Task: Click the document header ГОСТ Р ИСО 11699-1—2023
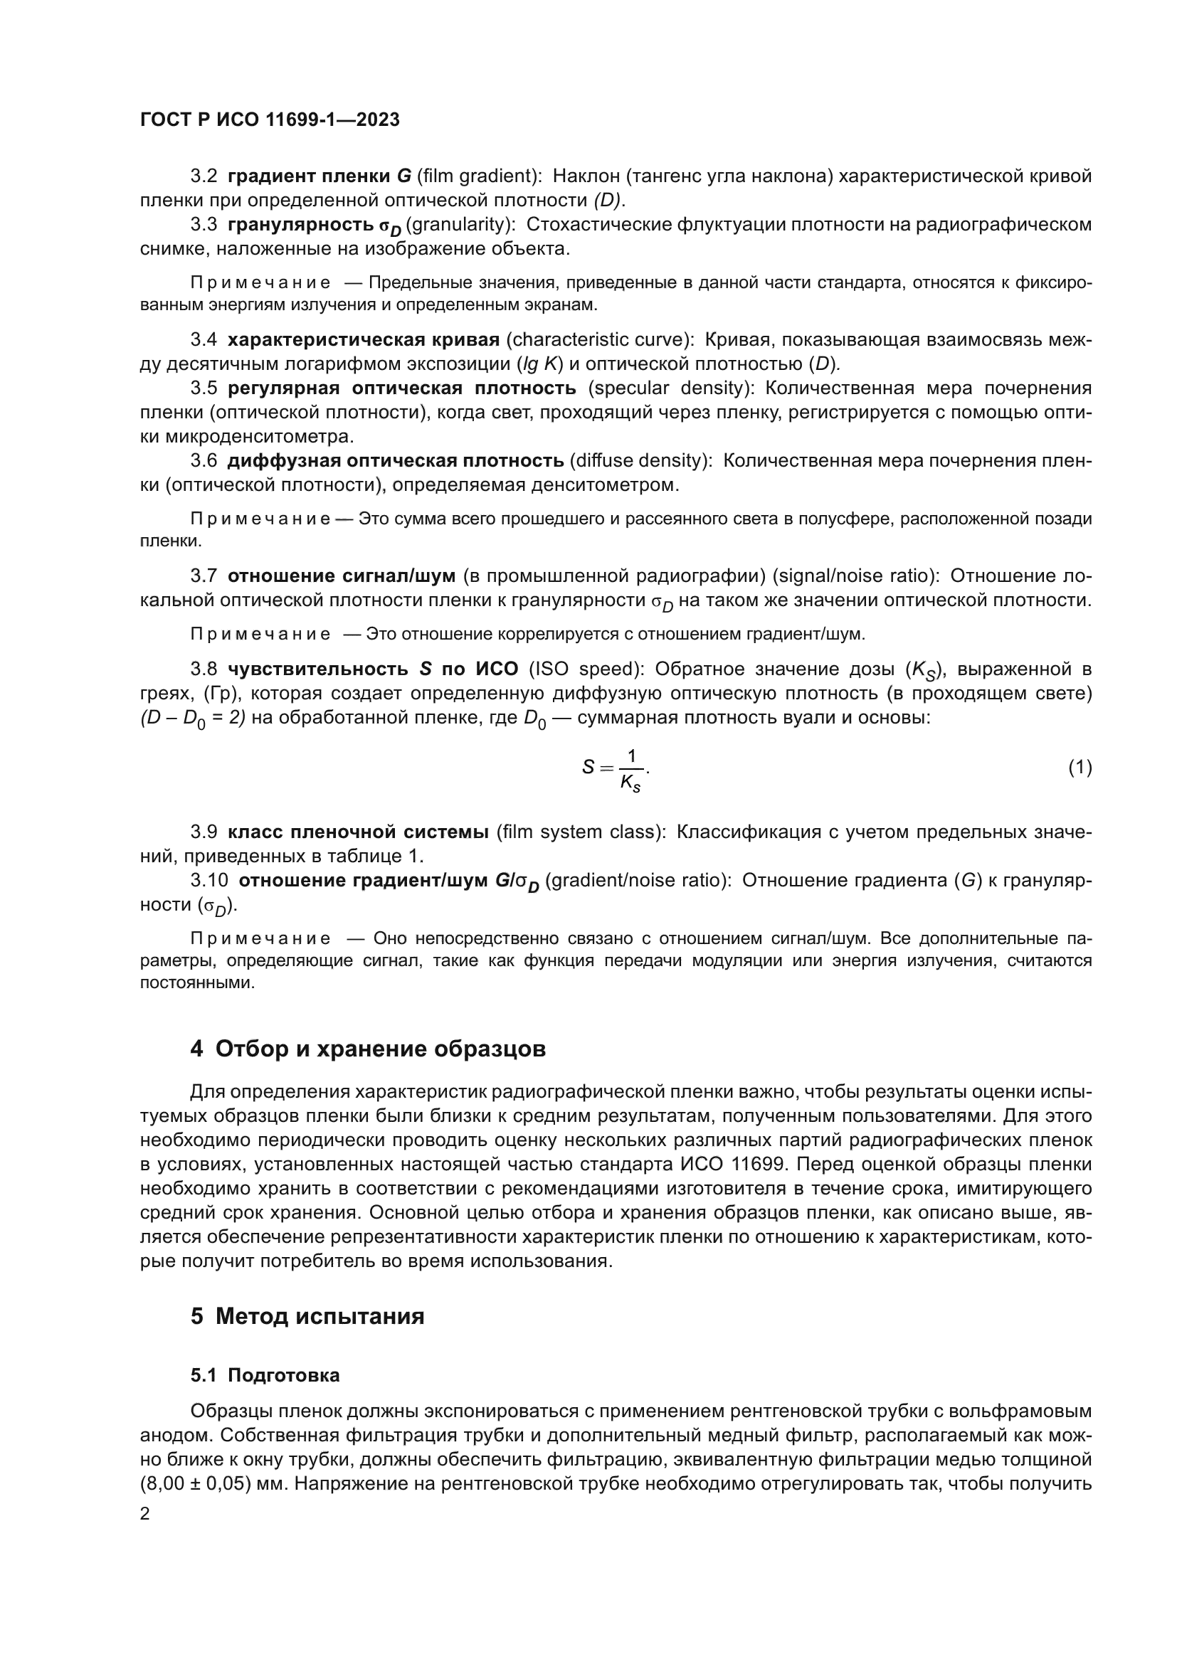[x=270, y=120]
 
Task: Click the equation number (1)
[x=1080, y=768]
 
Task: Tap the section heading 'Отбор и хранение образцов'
[x=381, y=1049]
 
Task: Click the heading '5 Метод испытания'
[x=307, y=1316]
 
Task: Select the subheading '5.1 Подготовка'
[x=265, y=1376]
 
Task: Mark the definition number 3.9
[x=204, y=832]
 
